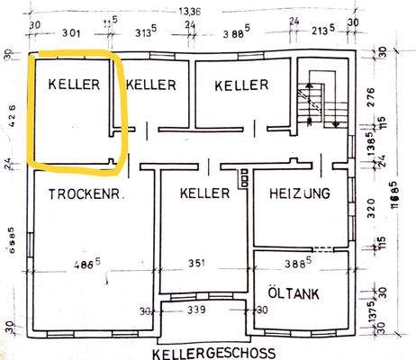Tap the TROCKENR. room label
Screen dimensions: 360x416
tap(86, 193)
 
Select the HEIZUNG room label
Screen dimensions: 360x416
tap(300, 193)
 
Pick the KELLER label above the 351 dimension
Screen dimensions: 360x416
tap(206, 193)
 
